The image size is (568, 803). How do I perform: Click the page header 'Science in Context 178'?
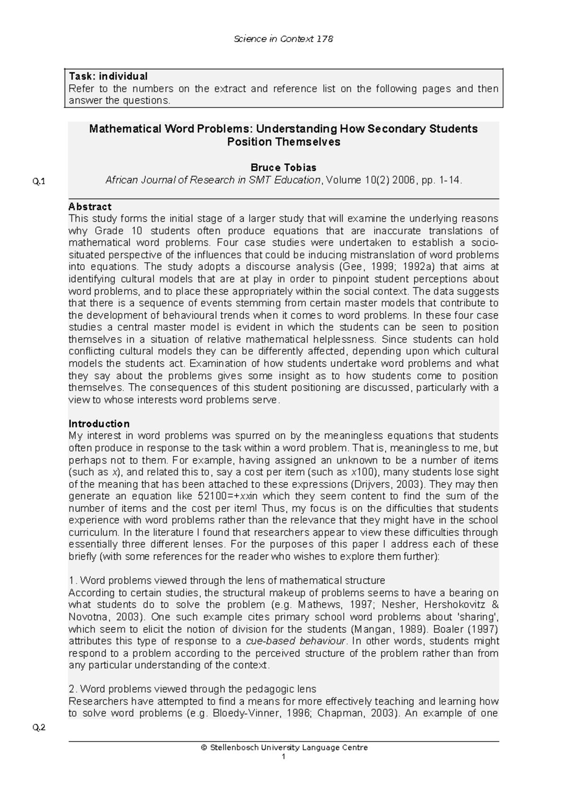284,39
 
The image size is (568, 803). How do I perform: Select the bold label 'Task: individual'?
108,76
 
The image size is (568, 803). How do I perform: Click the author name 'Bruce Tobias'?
283,167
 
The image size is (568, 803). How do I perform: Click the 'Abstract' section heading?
90,206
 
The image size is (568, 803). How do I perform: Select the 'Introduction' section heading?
99,423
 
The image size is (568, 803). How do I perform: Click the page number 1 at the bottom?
283,757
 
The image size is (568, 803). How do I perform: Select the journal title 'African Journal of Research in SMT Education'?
213,180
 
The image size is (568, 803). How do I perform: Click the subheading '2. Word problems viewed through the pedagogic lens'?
192,689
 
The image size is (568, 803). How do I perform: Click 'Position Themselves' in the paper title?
284,142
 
